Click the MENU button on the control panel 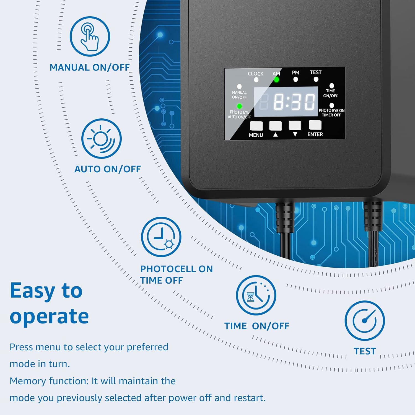256,126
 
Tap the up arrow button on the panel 276,126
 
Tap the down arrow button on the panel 295,125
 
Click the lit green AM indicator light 276,80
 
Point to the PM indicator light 295,79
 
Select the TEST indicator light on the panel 316,79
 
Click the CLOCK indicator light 256,80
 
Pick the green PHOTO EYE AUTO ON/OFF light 239,106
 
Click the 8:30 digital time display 286,102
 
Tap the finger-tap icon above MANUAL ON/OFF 90,37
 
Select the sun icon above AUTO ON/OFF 101,138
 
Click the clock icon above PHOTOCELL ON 161,237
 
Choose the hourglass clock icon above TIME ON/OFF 256,295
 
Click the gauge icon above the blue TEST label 365,320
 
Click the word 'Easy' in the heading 33,291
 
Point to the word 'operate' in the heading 49,316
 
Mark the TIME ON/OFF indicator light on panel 331,86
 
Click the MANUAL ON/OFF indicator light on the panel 239,87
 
